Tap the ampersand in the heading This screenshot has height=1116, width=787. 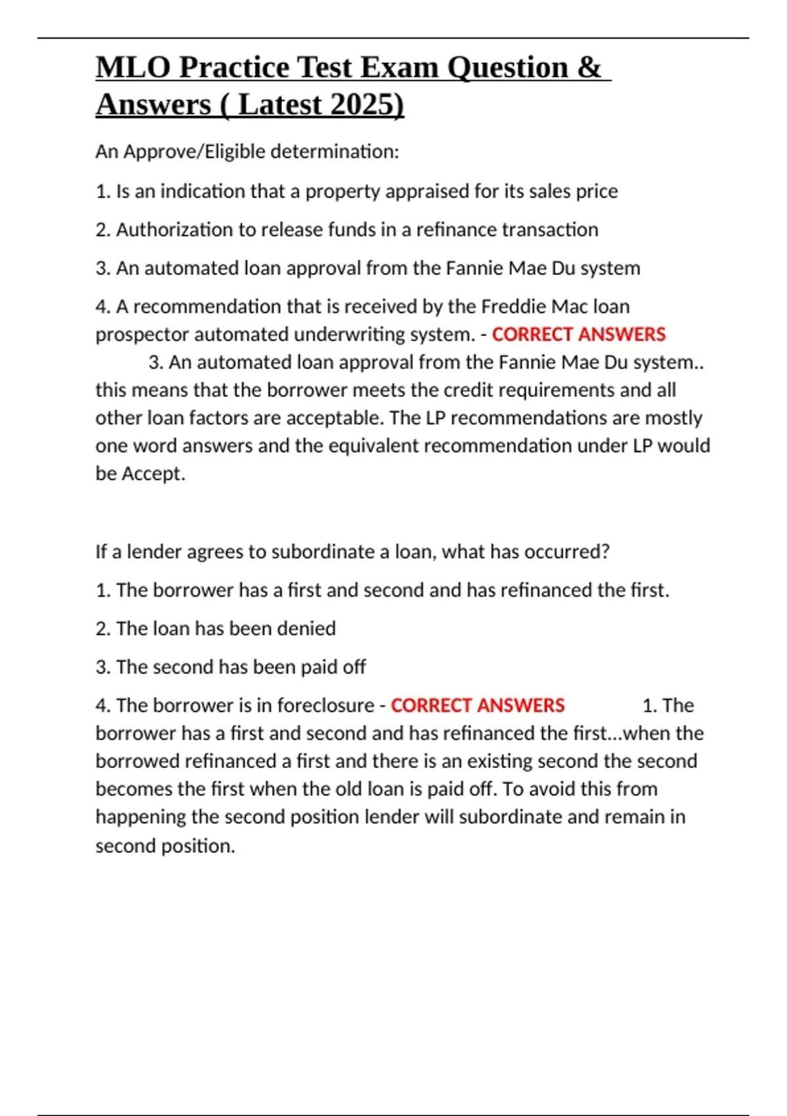(589, 68)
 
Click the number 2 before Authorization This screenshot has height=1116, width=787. (101, 230)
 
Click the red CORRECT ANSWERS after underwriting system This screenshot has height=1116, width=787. (578, 335)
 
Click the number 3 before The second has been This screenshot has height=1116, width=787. (101, 667)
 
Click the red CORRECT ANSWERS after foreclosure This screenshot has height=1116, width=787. (477, 706)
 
